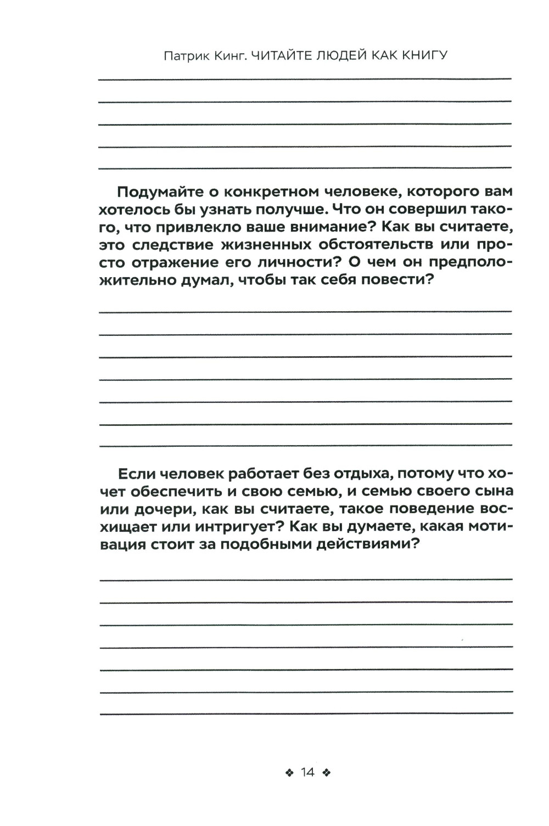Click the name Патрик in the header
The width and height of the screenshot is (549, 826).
coord(184,56)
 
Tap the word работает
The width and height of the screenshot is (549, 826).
coord(257,474)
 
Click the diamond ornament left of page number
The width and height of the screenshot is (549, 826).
coord(289,773)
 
